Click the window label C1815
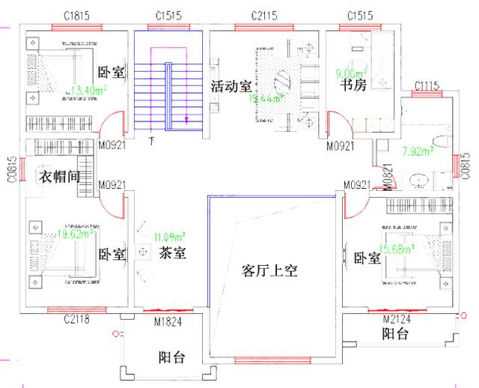[x=77, y=14]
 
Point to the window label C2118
[x=77, y=321]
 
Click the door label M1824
[x=168, y=321]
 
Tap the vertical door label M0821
[x=388, y=176]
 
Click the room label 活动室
[x=231, y=86]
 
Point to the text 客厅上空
[x=270, y=270]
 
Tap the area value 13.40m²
[x=87, y=91]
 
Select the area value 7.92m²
[x=418, y=151]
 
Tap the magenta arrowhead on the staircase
[x=186, y=118]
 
